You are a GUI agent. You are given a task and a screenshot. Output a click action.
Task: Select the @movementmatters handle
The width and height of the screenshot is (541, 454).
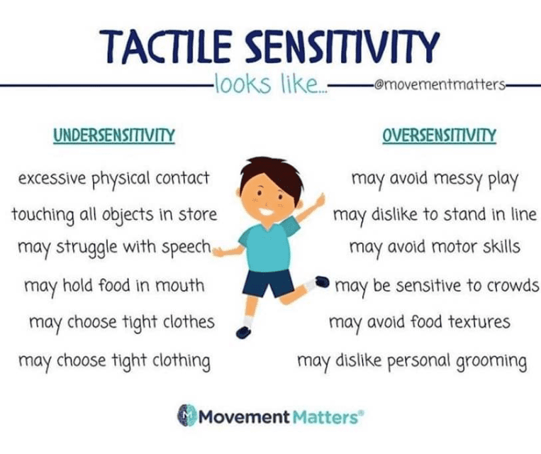[437, 87]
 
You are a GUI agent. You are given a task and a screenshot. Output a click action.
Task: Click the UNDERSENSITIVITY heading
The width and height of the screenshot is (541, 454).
[114, 135]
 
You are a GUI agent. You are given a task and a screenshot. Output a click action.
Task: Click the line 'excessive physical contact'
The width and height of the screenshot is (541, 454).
[113, 177]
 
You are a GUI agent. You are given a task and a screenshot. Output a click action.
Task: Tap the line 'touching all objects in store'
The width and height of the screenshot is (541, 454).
[114, 214]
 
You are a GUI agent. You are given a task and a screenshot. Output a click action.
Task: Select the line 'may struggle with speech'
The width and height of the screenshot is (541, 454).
[114, 248]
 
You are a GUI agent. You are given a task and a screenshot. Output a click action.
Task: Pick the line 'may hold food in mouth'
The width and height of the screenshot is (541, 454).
[114, 285]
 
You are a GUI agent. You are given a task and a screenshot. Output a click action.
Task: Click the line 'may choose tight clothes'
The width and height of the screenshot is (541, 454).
[121, 323]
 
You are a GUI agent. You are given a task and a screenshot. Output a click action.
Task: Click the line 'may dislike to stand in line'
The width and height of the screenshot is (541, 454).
[435, 214]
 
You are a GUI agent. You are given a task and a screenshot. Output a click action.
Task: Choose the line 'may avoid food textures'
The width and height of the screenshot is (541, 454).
[419, 323]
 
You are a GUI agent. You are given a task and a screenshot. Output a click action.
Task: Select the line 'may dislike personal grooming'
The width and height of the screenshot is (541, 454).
[412, 360]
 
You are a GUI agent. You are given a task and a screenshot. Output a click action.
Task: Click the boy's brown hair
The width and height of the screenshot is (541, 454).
[266, 170]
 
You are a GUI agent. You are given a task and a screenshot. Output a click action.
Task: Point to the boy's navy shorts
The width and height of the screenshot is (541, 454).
[268, 282]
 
